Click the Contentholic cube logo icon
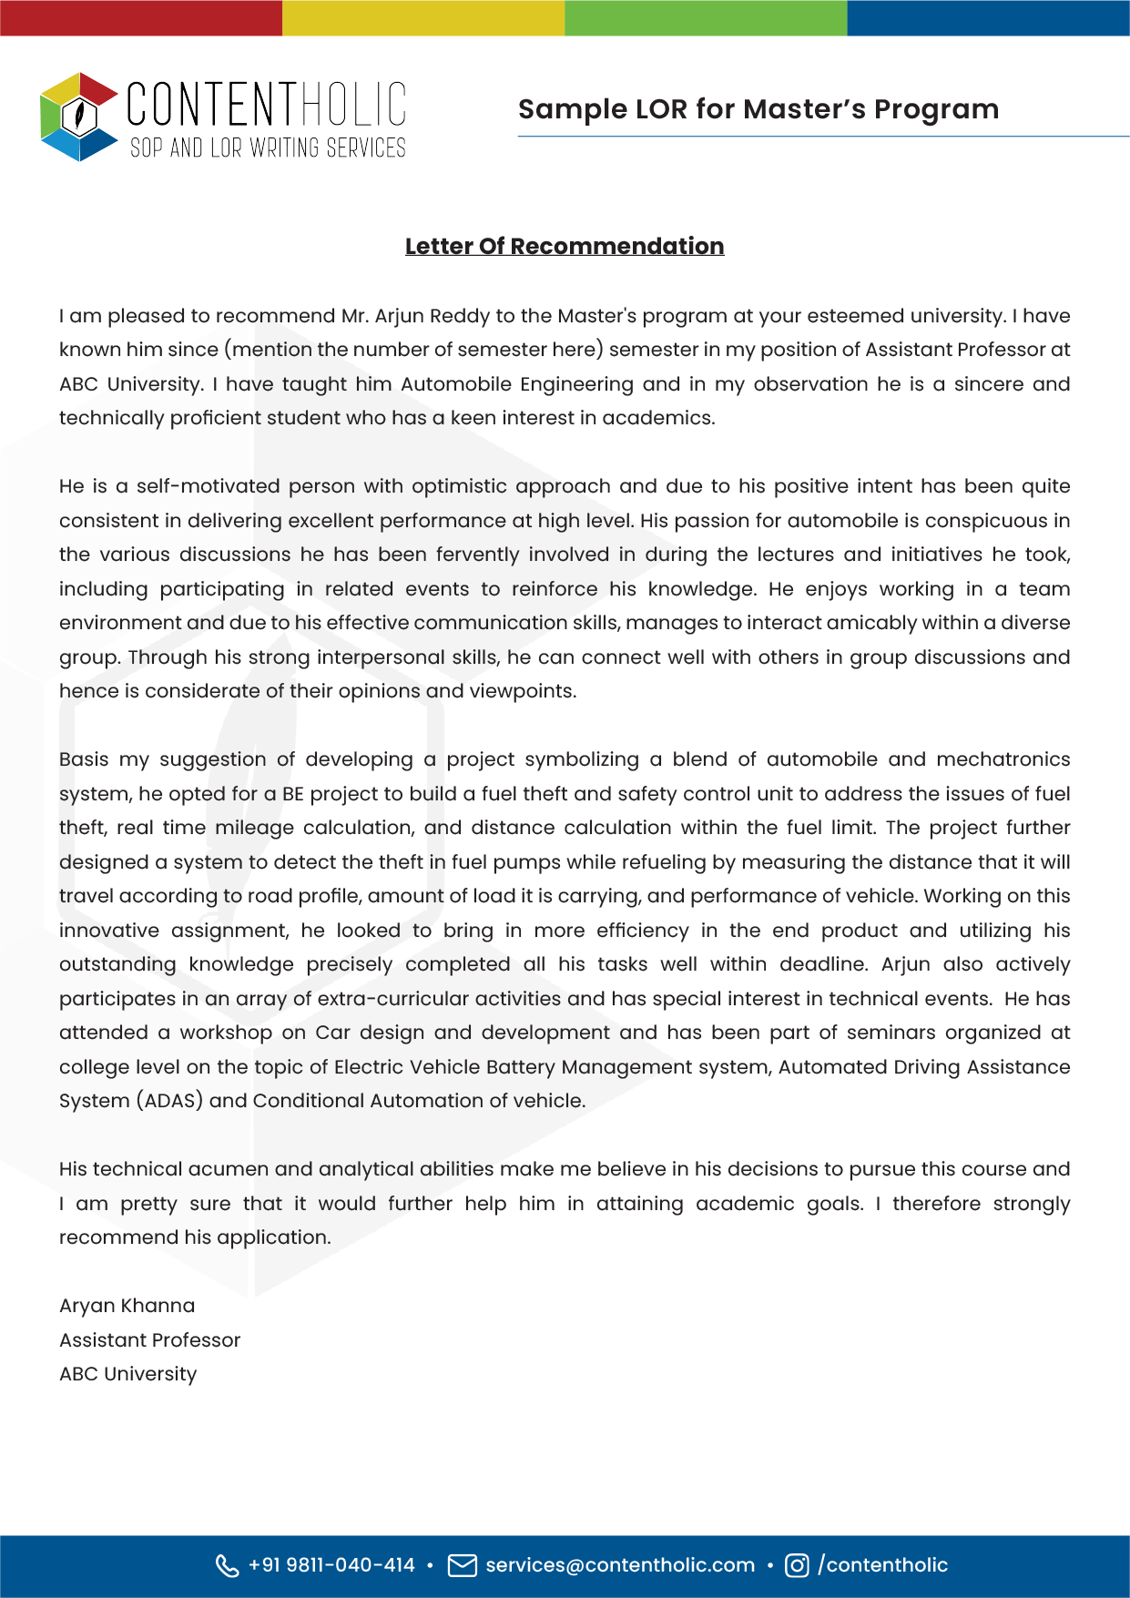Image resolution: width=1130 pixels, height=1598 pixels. click(x=79, y=117)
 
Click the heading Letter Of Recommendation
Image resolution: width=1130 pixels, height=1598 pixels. click(x=565, y=246)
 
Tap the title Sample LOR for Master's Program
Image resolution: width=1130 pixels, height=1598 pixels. click(x=758, y=109)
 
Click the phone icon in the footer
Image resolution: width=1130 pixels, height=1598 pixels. click(x=226, y=1565)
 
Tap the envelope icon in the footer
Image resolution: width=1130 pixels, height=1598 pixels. click(x=463, y=1565)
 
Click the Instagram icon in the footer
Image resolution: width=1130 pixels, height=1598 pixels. click(x=797, y=1565)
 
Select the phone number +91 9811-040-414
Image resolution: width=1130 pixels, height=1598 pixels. click(x=331, y=1565)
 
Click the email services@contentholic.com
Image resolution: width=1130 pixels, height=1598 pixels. click(x=620, y=1565)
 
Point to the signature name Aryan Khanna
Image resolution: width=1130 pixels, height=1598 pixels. click(x=127, y=1306)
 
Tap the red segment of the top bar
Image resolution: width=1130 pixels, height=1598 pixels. click(x=141, y=17)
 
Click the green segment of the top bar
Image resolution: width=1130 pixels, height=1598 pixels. click(x=706, y=17)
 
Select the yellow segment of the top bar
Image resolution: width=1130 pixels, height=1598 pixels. click(x=423, y=17)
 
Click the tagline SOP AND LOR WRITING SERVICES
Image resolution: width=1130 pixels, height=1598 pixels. click(x=268, y=148)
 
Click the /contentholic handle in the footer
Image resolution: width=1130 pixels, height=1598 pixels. click(x=882, y=1565)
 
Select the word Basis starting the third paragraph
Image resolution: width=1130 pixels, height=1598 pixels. click(x=84, y=759)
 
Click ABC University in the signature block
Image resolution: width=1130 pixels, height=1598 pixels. click(x=127, y=1374)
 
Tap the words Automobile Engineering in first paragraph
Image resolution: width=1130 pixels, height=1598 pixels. click(x=516, y=384)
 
